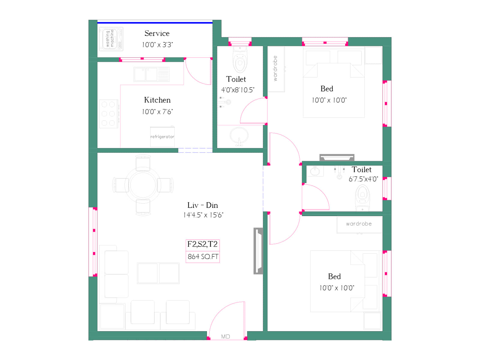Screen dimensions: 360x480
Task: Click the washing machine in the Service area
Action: click(111, 39)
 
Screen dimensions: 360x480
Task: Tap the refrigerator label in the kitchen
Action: click(162, 137)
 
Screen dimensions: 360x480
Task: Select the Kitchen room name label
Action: click(157, 100)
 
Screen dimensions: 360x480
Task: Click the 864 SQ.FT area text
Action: click(203, 257)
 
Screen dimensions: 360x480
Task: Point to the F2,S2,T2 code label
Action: click(202, 244)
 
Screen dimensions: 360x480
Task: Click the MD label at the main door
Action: click(226, 337)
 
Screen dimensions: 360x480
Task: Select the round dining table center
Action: click(143, 185)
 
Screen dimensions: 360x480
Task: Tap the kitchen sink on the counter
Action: click(151, 74)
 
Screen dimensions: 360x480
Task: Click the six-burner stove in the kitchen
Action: click(108, 114)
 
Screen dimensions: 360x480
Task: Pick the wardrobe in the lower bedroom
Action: click(359, 224)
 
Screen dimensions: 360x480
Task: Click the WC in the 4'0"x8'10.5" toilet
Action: click(240, 61)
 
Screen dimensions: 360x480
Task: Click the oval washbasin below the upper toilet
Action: click(239, 136)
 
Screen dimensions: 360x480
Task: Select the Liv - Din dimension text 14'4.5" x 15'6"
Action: click(203, 215)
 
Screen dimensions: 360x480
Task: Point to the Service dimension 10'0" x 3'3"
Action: click(157, 45)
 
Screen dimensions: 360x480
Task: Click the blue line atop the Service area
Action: click(155, 22)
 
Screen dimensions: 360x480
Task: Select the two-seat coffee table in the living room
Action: click(158, 273)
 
